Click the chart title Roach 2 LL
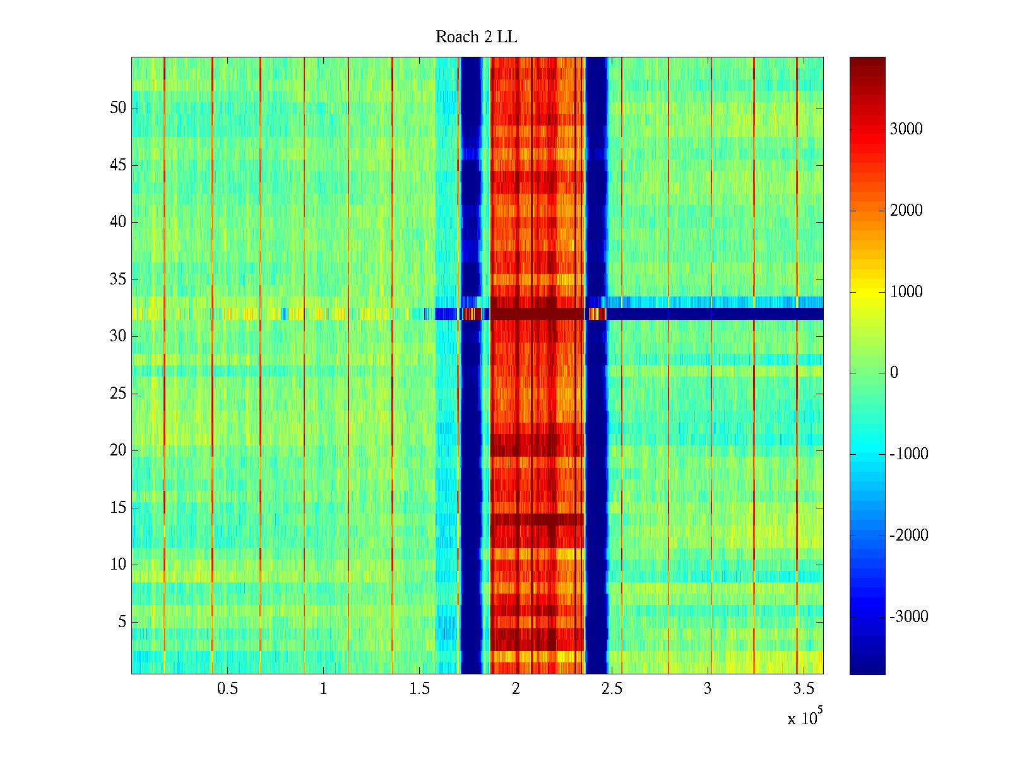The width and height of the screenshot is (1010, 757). click(x=476, y=37)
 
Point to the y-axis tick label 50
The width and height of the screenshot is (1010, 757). click(x=118, y=108)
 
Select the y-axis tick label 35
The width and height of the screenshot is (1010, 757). click(x=118, y=279)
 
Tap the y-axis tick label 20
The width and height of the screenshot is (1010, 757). click(x=118, y=450)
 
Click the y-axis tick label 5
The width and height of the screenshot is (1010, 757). click(x=122, y=622)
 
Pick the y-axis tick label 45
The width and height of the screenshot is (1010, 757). click(x=118, y=165)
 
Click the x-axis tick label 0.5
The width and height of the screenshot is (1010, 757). click(x=227, y=688)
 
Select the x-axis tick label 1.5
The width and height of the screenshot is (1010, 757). click(x=420, y=688)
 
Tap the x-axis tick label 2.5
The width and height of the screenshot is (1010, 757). click(x=612, y=688)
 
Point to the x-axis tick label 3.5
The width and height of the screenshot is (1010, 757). click(x=804, y=688)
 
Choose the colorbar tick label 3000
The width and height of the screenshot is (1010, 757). click(x=906, y=129)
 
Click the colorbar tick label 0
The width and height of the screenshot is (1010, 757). click(x=894, y=373)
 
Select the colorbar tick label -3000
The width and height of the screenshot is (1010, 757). click(x=908, y=617)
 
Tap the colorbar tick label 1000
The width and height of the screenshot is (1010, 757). click(x=906, y=292)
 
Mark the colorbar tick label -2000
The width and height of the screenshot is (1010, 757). click(x=908, y=536)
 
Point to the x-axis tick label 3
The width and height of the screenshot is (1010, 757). click(x=708, y=688)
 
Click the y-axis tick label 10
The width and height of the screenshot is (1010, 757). click(x=118, y=565)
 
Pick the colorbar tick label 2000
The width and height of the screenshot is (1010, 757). click(x=906, y=211)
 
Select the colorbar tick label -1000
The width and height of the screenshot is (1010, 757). click(x=908, y=454)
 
